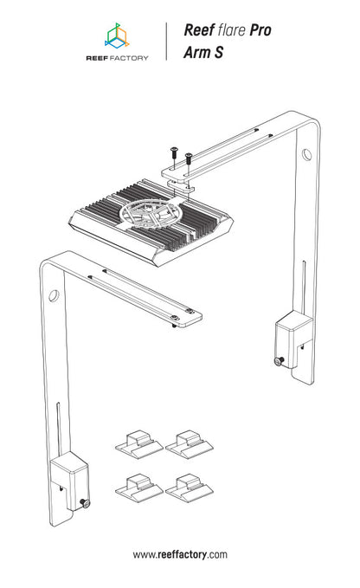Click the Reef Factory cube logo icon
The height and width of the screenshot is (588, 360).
coord(117,36)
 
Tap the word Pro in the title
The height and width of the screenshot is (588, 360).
coord(260,30)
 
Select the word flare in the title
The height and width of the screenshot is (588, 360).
coord(231,30)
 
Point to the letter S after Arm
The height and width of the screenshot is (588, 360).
coord(219,53)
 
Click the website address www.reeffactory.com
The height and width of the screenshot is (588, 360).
coord(180,554)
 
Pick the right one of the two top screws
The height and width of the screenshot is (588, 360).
coord(188,158)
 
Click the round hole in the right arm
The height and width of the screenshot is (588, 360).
coord(307,154)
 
